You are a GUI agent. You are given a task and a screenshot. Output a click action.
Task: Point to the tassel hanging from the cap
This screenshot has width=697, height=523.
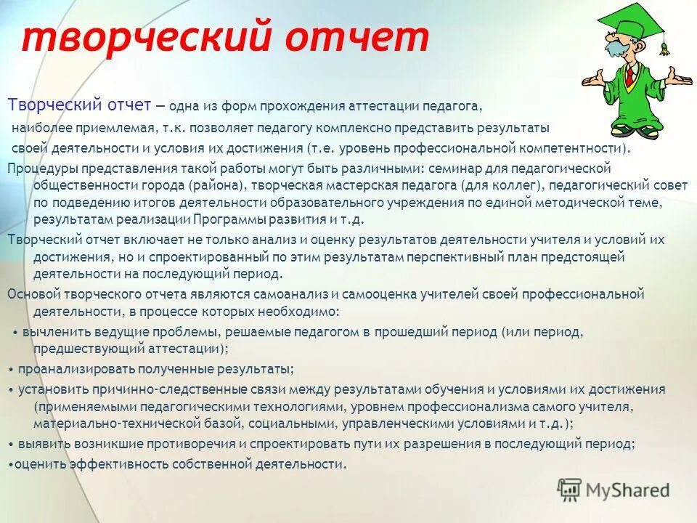pos(663,49)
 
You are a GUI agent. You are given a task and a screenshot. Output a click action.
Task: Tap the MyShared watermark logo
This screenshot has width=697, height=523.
pos(614,490)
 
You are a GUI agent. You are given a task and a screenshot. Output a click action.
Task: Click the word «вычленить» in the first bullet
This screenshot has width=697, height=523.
pos(54,331)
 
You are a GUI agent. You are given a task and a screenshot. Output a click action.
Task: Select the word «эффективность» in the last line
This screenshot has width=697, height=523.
pos(121,463)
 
